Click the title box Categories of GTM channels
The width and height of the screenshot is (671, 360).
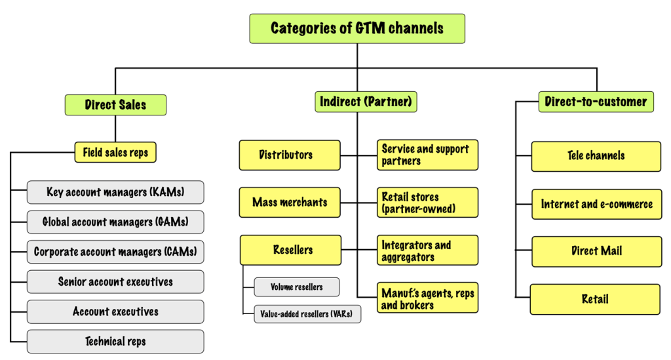point(357,29)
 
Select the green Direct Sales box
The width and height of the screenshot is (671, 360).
point(115,105)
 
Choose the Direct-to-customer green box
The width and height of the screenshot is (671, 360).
point(596,102)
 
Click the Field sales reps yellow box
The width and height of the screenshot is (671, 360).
point(115,153)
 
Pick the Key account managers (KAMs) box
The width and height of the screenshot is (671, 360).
point(115,192)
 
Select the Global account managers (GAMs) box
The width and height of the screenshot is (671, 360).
point(115,222)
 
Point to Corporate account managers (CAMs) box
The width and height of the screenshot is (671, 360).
point(115,252)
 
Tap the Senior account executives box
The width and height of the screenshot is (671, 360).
point(115,282)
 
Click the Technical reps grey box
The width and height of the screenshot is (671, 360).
point(115,342)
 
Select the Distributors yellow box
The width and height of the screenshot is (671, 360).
point(290,155)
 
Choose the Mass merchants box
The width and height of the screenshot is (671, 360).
point(290,203)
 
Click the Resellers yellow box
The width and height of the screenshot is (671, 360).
point(290,250)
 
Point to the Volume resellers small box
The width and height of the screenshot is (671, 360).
point(297,287)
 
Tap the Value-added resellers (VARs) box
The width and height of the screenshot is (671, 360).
point(307,314)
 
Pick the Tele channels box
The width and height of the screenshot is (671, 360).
point(596,156)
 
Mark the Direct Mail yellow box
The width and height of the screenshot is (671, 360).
point(596,251)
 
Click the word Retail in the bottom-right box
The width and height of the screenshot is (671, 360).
point(595,299)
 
